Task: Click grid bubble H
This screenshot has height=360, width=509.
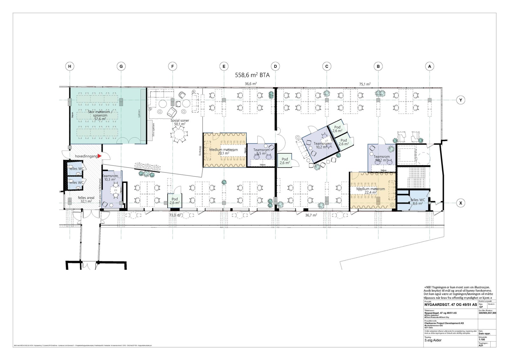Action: coord(69,67)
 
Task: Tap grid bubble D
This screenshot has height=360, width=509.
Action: coord(275,67)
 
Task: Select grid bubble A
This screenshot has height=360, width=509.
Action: coord(429,67)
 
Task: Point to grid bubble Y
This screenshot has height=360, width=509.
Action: coord(460,100)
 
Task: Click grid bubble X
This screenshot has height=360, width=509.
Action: coord(460,203)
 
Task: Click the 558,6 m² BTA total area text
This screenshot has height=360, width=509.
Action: coord(252,75)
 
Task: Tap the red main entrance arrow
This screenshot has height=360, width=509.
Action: coord(100,156)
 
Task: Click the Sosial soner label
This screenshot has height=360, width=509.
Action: coord(180,122)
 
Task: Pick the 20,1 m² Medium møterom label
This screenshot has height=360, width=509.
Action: coord(223,151)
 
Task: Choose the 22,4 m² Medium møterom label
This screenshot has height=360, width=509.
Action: coord(370,190)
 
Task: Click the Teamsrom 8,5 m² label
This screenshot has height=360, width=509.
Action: coord(261,152)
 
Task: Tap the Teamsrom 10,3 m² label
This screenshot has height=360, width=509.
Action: coord(110,178)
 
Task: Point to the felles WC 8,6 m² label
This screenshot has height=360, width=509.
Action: coord(417,201)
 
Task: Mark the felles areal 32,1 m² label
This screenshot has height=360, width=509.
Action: coord(86,200)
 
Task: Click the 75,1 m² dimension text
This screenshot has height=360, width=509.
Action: coord(365,84)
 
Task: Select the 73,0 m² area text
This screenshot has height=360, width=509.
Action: coord(175,215)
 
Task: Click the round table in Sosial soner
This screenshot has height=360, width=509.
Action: coord(179,135)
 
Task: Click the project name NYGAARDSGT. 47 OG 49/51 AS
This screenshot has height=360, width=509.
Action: coord(450,305)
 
